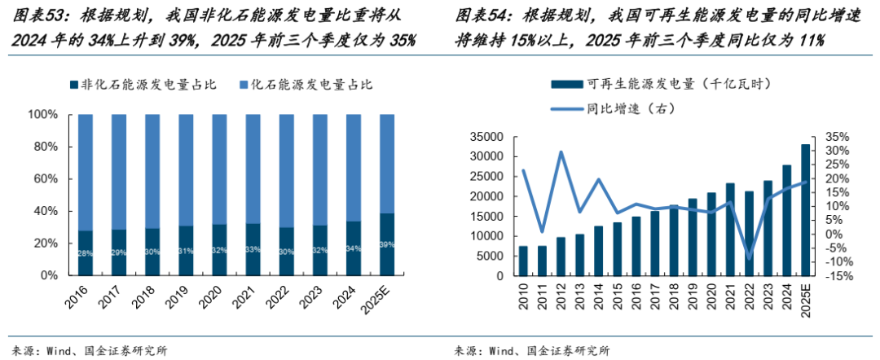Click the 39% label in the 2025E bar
pos(387,244)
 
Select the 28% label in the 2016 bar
pos(86,253)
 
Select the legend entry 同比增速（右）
pos(620,108)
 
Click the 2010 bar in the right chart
pos(523,261)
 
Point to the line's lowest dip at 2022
pos(749,259)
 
